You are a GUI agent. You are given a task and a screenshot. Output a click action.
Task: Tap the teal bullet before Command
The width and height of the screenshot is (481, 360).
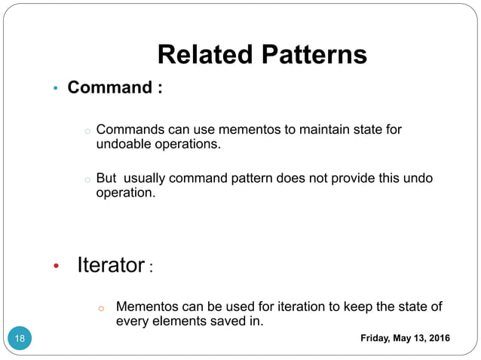point(55,90)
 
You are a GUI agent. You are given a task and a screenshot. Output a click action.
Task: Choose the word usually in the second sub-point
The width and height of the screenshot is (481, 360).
point(147,178)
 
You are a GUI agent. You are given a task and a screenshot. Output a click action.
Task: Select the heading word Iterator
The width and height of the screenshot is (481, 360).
point(111,265)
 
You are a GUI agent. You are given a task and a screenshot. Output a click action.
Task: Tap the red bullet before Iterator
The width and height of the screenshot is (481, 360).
point(55,267)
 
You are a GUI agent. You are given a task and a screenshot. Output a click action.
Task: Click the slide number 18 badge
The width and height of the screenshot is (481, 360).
point(20,338)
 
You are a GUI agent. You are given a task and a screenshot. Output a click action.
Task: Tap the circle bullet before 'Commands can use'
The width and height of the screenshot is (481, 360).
point(87,132)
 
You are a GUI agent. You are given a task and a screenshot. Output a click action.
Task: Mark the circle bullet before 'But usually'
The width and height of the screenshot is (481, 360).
point(87,180)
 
